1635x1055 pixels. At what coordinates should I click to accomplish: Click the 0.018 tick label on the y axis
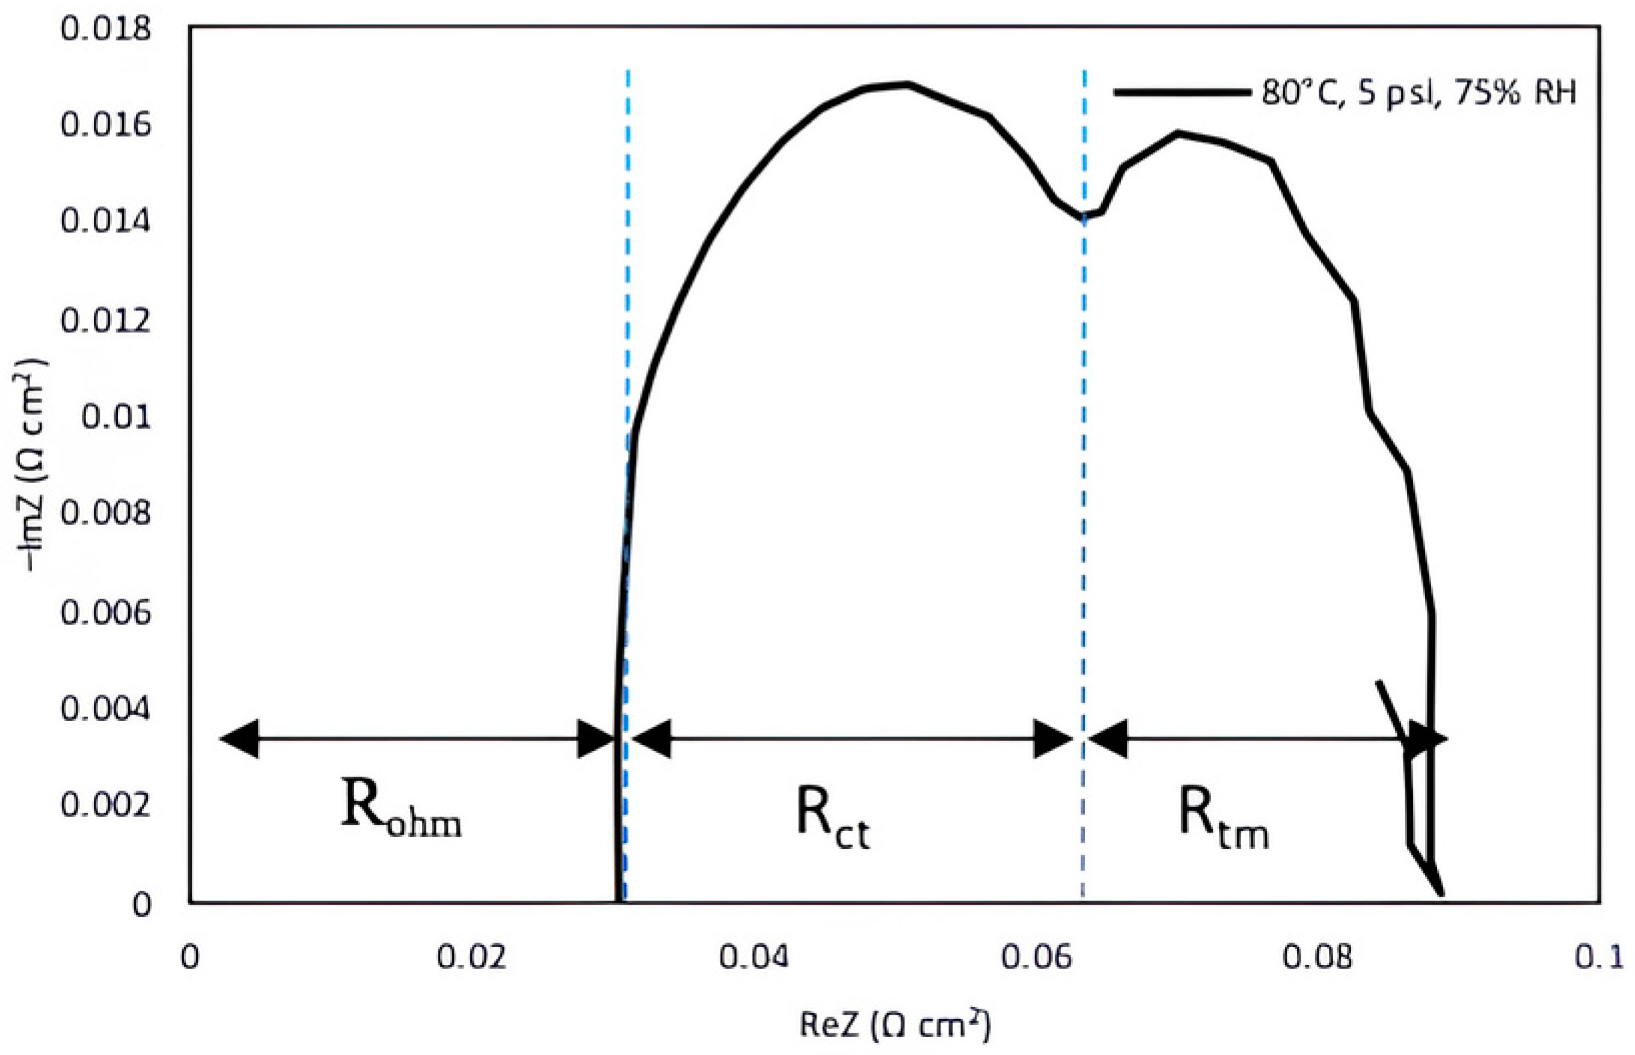click(x=104, y=30)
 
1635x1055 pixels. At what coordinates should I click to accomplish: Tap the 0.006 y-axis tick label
click(x=104, y=612)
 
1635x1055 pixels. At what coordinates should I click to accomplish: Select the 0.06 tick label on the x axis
click(x=1035, y=957)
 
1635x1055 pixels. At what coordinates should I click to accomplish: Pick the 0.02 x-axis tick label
click(x=471, y=957)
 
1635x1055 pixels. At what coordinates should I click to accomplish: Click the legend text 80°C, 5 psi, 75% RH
click(x=1419, y=93)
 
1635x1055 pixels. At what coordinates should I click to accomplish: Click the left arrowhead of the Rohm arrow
click(x=239, y=738)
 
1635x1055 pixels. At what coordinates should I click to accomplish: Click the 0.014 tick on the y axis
click(x=104, y=222)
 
